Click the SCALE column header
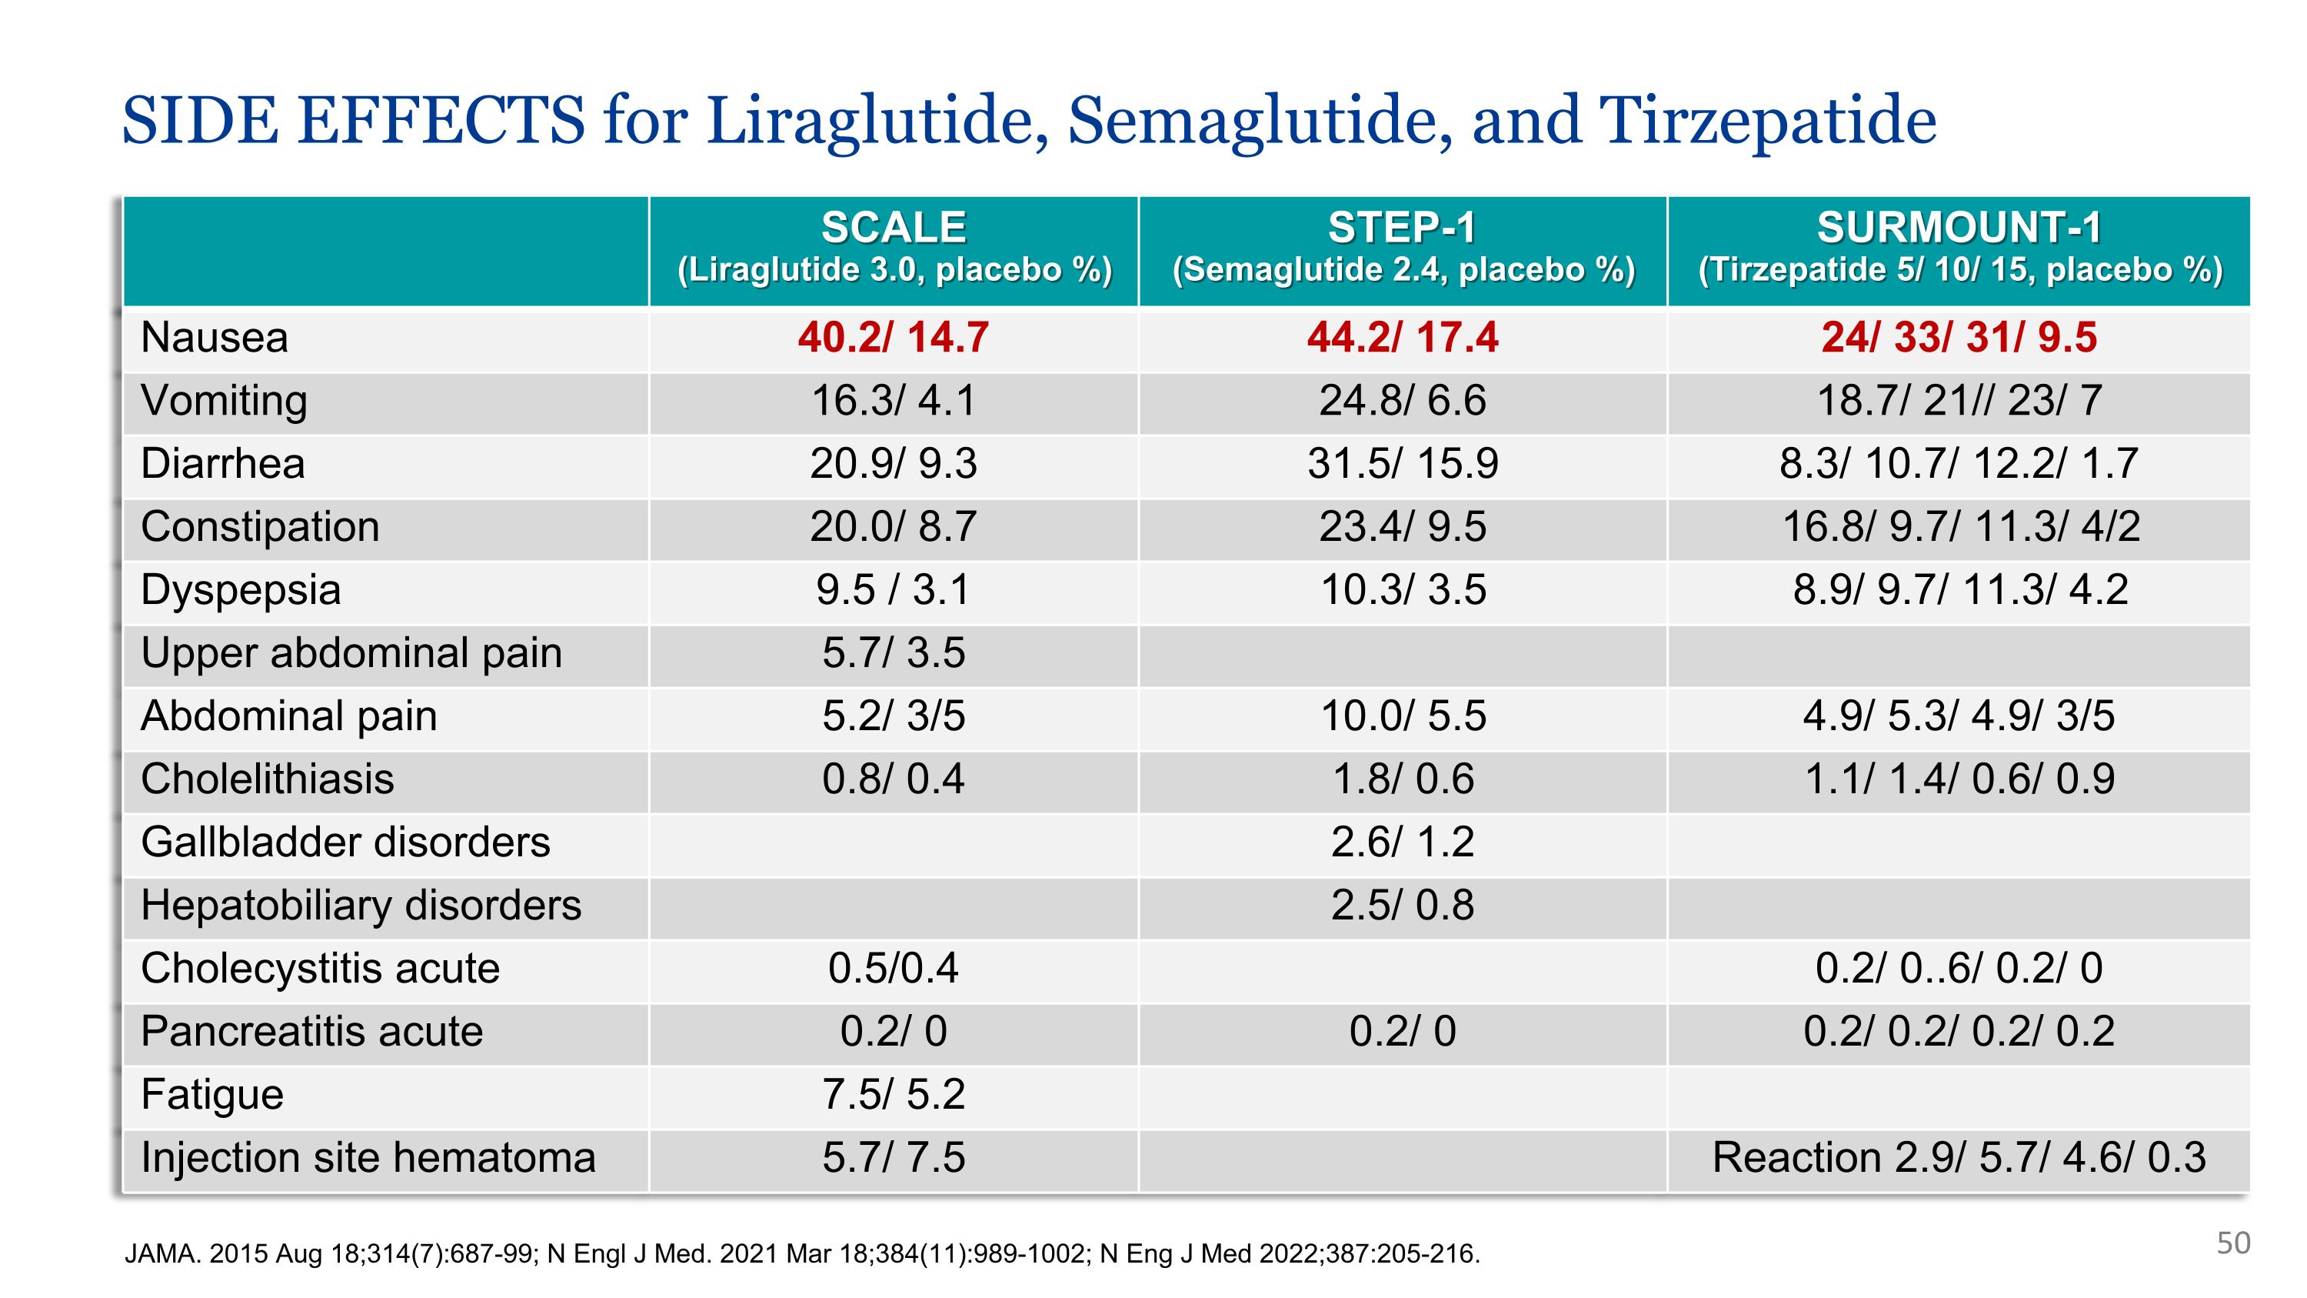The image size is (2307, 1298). [x=894, y=228]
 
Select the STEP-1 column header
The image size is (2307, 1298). [x=1403, y=228]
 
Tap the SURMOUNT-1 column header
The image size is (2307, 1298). [x=1959, y=228]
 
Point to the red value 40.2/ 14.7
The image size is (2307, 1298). [x=894, y=338]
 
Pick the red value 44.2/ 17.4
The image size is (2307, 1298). [x=1403, y=338]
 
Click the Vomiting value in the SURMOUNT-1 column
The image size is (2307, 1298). [x=1959, y=400]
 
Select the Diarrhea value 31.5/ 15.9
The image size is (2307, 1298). [x=1403, y=464]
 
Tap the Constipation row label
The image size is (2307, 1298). [x=260, y=527]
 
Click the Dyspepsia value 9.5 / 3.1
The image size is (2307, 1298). [x=894, y=590]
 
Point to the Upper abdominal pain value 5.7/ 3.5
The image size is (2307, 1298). [x=894, y=653]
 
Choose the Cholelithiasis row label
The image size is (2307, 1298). [x=267, y=779]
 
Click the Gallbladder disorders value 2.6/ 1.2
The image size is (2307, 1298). [x=1403, y=842]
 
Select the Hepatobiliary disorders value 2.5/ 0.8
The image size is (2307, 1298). [x=1403, y=906]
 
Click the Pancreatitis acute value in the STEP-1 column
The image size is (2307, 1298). [x=1403, y=1032]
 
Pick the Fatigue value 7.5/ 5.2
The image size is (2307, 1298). [x=894, y=1095]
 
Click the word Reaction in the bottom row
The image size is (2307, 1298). [x=1796, y=1157]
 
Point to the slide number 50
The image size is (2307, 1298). [x=2234, y=1243]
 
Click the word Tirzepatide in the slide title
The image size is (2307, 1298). [x=1767, y=121]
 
